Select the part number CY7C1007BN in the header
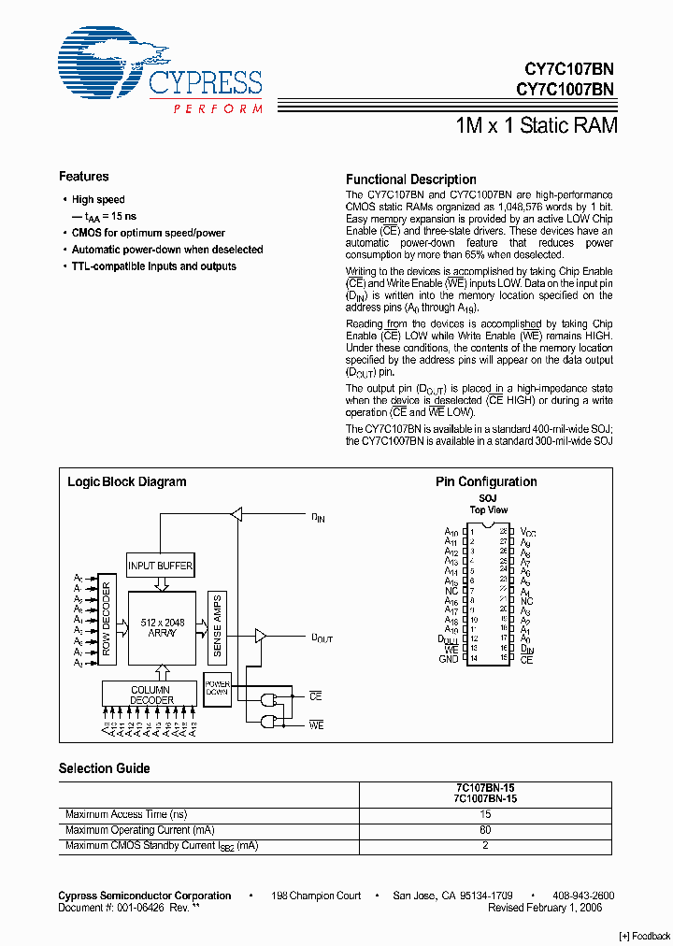[565, 89]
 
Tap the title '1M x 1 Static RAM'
[536, 125]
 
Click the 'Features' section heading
[83, 177]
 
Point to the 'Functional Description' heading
[410, 179]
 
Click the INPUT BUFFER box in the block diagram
[161, 566]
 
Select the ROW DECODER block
[107, 623]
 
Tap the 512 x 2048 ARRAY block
[162, 626]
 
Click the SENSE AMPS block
[216, 624]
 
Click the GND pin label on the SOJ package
[449, 659]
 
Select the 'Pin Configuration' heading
[486, 482]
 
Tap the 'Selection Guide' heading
[104, 768]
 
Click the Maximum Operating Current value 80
[486, 830]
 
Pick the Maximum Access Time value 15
[486, 814]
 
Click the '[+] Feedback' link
[645, 936]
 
